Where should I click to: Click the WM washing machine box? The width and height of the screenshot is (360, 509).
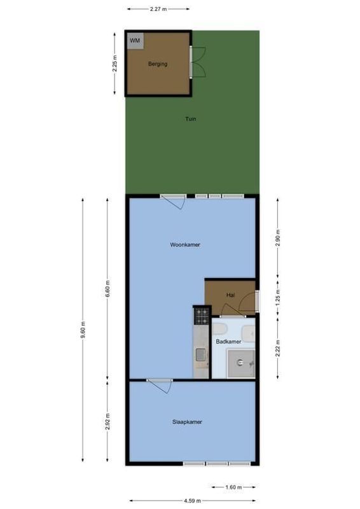tap(134, 41)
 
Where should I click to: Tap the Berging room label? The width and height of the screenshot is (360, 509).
tap(158, 64)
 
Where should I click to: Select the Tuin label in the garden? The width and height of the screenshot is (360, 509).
tap(190, 119)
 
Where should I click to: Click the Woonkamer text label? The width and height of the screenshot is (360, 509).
tap(185, 244)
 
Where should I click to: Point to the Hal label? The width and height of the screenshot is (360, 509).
tap(230, 295)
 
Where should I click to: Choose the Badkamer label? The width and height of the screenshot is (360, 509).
tap(228, 342)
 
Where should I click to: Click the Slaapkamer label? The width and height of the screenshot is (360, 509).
tap(187, 421)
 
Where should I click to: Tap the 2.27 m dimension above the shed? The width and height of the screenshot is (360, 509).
tap(158, 10)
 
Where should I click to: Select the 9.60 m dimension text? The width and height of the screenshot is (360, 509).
tap(83, 331)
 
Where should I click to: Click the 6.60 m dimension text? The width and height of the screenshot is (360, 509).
tap(107, 289)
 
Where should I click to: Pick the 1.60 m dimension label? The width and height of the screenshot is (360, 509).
tap(233, 488)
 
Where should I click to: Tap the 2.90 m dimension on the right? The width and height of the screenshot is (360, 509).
tap(278, 237)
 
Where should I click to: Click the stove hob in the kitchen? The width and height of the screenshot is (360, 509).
tap(202, 315)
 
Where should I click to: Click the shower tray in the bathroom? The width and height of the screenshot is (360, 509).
tap(241, 363)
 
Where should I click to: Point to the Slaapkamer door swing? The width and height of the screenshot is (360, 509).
tap(162, 386)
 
